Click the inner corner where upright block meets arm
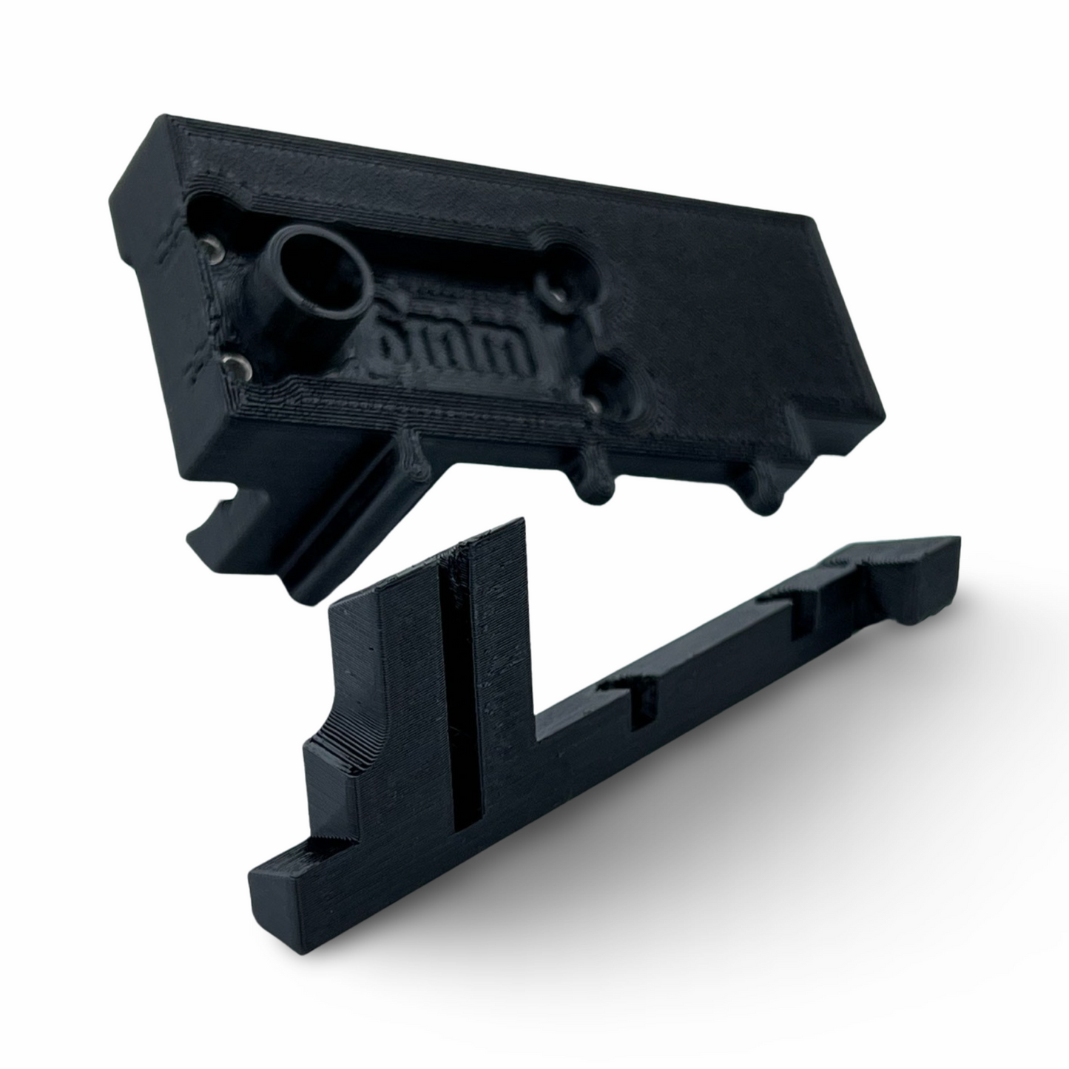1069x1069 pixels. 536,740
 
